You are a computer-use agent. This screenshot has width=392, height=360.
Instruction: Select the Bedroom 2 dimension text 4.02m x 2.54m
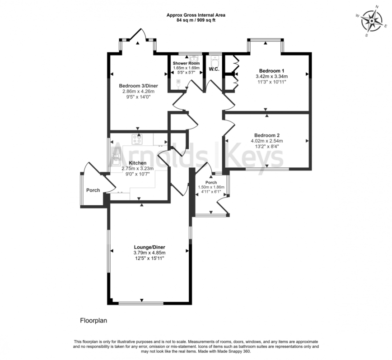pos(267,141)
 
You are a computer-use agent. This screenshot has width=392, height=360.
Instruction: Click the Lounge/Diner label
pos(149,247)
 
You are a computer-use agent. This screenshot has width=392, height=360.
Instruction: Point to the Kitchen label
pos(137,163)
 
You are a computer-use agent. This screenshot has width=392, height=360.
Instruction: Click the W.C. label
pos(214,69)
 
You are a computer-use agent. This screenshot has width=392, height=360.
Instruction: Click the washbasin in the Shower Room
pos(194,59)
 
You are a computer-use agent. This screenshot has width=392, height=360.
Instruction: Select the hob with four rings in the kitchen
pos(137,139)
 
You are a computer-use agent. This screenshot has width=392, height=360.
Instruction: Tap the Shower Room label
pos(186,64)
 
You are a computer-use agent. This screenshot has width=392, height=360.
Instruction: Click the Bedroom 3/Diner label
pos(138,86)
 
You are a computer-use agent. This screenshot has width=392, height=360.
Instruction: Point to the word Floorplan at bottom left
pos(93,321)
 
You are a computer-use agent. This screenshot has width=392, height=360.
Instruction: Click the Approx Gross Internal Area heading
pos(196,15)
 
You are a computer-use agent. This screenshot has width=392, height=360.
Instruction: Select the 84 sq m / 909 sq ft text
pos(196,20)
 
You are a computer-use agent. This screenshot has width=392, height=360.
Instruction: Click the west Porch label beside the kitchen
pos(93,190)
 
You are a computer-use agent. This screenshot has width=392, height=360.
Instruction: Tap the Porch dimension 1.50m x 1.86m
pos(211,187)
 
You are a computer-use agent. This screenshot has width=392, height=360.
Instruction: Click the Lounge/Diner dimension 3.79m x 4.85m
pos(149,253)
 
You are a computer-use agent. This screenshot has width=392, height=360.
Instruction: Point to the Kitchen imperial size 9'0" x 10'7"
pos(137,174)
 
